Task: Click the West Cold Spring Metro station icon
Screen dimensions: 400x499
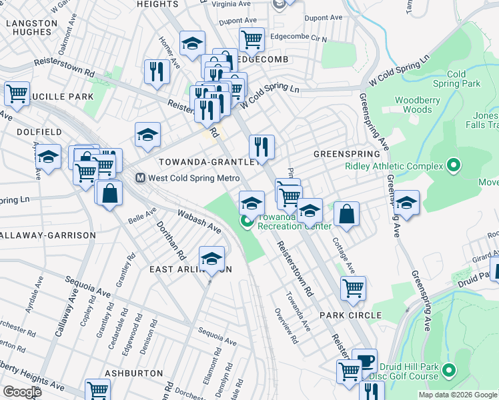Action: [x=141, y=178]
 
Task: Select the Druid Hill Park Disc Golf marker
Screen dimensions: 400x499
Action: [x=449, y=369]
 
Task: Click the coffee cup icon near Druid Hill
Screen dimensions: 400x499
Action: [x=364, y=361]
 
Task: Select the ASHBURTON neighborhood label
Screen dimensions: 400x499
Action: [x=133, y=373]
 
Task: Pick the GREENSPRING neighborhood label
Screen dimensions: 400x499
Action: [x=342, y=153]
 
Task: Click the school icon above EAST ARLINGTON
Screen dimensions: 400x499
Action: [x=211, y=257]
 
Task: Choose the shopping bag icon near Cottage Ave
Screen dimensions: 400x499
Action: [x=347, y=214]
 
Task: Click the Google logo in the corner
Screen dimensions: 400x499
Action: [x=21, y=392]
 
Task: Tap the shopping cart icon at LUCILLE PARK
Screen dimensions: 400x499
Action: [x=17, y=93]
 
